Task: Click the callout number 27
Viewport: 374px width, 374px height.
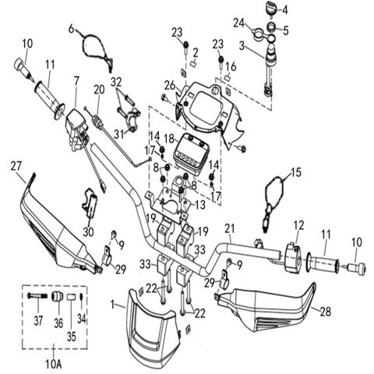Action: click(16, 167)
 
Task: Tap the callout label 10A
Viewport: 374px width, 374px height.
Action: click(54, 364)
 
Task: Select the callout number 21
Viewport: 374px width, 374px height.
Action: click(230, 229)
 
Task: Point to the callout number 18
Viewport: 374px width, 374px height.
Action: click(169, 138)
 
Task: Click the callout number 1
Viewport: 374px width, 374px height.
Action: click(112, 305)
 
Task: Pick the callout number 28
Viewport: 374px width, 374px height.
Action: click(326, 312)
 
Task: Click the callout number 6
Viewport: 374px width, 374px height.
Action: click(72, 29)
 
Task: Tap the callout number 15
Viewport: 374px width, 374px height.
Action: click(296, 172)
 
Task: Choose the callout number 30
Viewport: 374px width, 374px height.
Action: click(88, 232)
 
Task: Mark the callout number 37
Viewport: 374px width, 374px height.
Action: click(38, 321)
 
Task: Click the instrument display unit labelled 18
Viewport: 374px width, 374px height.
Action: click(190, 154)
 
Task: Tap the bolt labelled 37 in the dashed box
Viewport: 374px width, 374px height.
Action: click(37, 295)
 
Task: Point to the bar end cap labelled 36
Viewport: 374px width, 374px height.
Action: click(57, 296)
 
